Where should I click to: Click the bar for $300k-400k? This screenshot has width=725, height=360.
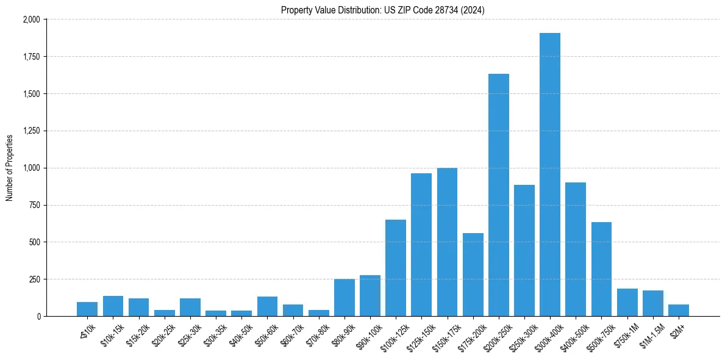[x=549, y=175]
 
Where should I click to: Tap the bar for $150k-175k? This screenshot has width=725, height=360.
[x=447, y=242]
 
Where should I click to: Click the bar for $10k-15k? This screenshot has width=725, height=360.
[x=113, y=306]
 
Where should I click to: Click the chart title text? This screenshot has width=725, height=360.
[x=383, y=10]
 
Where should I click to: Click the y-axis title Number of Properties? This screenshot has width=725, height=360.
[x=10, y=168]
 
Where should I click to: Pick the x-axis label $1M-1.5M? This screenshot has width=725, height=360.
[x=648, y=334]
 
